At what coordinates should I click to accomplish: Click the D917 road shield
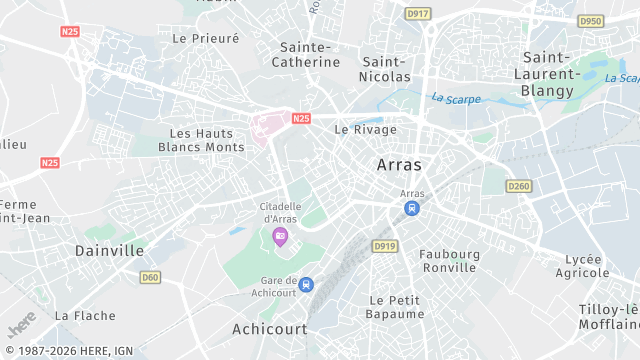pyautogui.click(x=419, y=14)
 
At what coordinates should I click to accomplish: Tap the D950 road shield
pyautogui.click(x=591, y=21)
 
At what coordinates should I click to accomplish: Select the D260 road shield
pyautogui.click(x=518, y=186)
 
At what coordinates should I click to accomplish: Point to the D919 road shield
pyautogui.click(x=384, y=245)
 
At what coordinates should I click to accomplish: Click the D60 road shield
pyautogui.click(x=150, y=277)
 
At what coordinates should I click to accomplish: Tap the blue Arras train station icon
pyautogui.click(x=411, y=208)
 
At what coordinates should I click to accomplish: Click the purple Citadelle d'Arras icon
pyautogui.click(x=280, y=236)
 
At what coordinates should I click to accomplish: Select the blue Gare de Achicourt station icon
pyautogui.click(x=306, y=285)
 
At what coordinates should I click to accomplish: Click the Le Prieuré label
pyautogui.click(x=206, y=38)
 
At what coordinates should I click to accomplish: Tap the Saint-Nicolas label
pyautogui.click(x=386, y=69)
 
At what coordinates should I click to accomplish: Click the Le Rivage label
pyautogui.click(x=365, y=129)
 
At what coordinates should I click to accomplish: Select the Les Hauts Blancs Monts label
pyautogui.click(x=201, y=140)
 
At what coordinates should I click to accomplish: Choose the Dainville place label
pyautogui.click(x=110, y=250)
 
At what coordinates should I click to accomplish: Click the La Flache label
pyautogui.click(x=85, y=315)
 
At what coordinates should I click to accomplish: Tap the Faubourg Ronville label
pyautogui.click(x=449, y=261)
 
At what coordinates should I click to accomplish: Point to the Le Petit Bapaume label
pyautogui.click(x=397, y=307)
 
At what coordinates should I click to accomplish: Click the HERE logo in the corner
pyautogui.click(x=20, y=327)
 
